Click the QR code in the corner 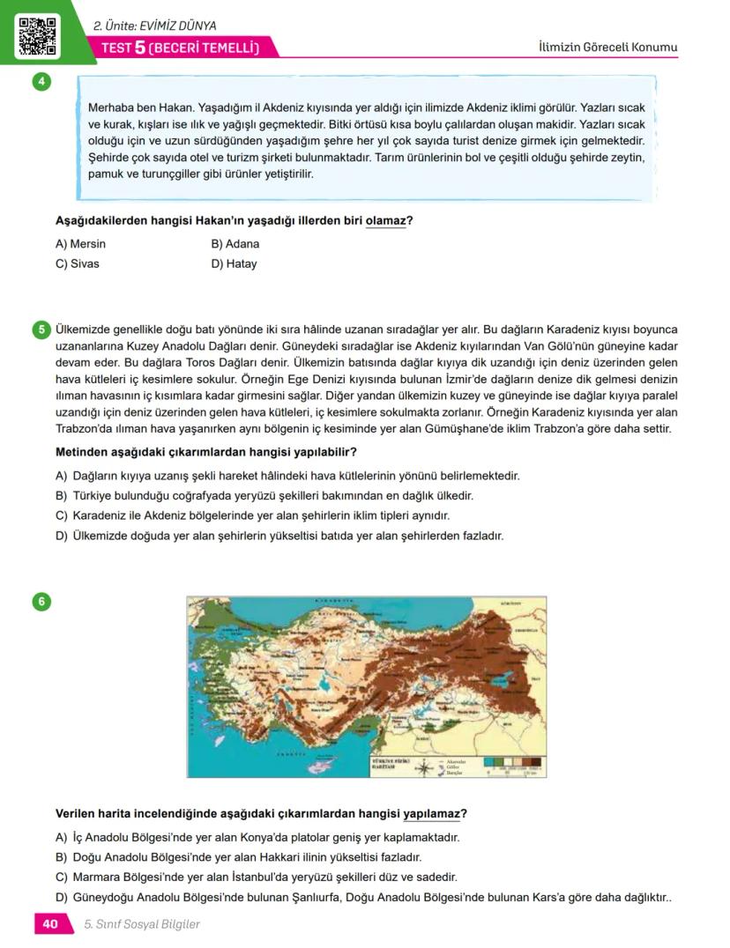tap(36, 34)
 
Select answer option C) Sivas tap(78, 263)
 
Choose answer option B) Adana tap(235, 244)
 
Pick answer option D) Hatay tap(234, 263)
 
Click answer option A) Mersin tap(80, 244)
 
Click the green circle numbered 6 tap(41, 602)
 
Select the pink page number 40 tap(49, 924)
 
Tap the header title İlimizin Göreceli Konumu tap(607, 47)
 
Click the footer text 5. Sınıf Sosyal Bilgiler tap(142, 924)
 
